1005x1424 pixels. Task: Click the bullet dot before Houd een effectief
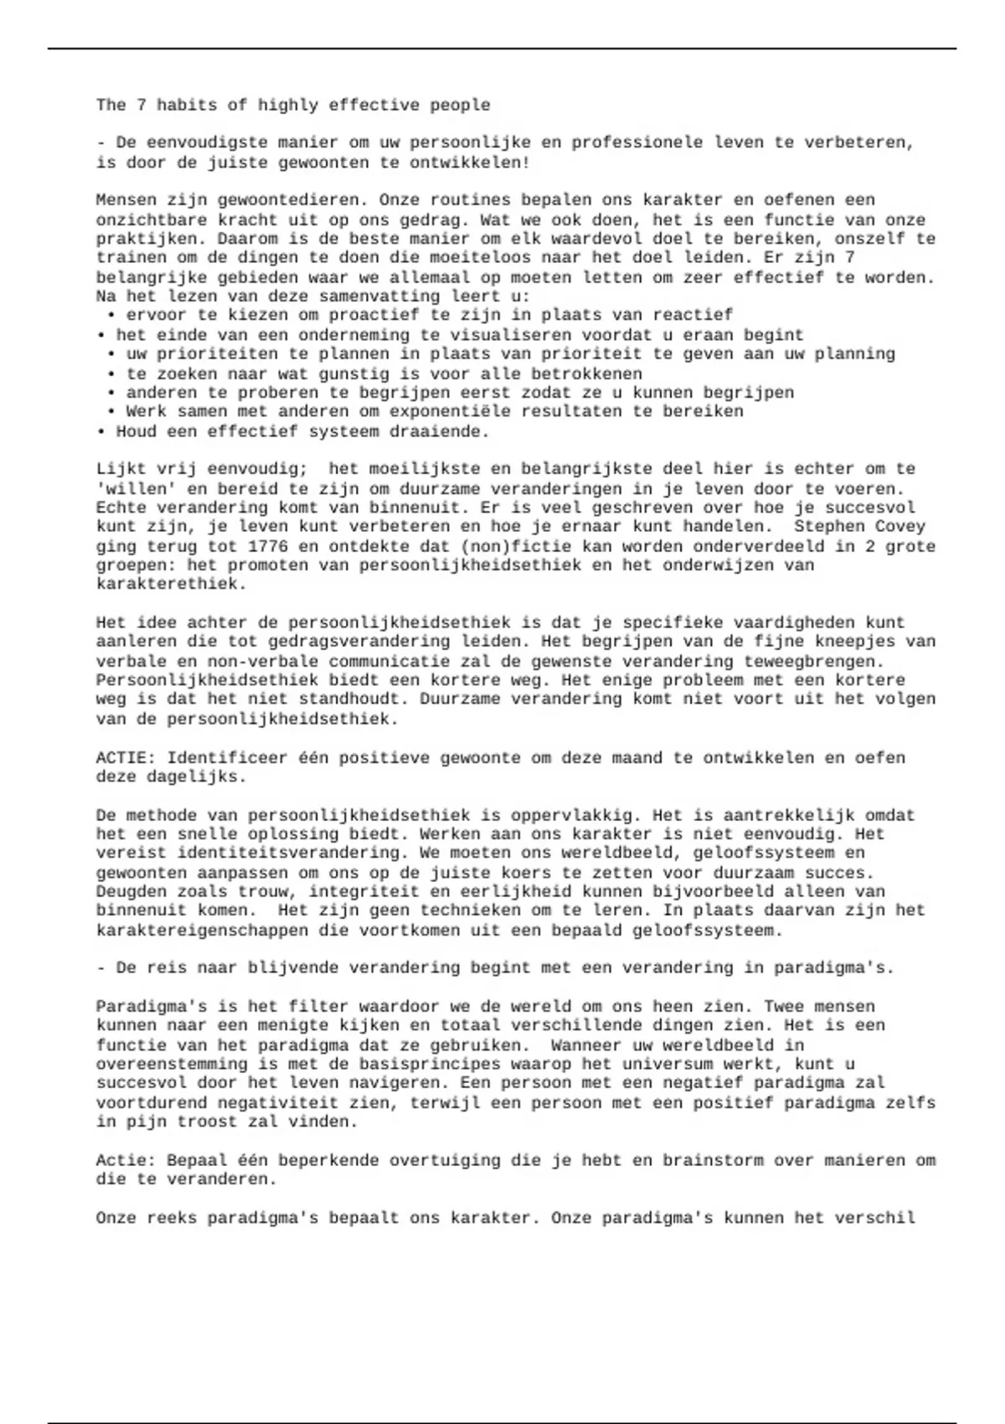click(x=100, y=432)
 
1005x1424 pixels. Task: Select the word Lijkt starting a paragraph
click(x=121, y=469)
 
